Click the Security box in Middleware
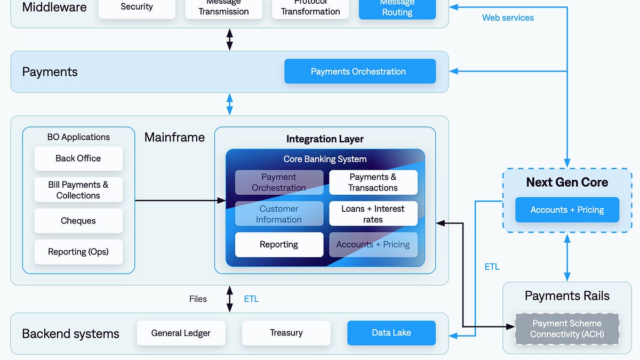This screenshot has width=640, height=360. point(137,7)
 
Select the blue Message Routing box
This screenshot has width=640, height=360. point(397,9)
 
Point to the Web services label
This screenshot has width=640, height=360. point(508,18)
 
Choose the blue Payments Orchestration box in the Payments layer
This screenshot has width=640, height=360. point(359,71)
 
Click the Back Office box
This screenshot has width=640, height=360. point(78,158)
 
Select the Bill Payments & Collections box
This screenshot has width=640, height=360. point(78,190)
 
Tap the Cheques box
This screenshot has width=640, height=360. point(78,221)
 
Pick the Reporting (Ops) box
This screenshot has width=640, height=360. point(78,252)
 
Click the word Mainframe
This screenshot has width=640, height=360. point(174,137)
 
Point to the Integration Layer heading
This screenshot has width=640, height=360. point(325,139)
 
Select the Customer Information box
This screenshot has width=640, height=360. point(279,214)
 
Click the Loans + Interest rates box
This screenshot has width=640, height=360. point(373,214)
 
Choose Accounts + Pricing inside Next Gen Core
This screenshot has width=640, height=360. point(567,210)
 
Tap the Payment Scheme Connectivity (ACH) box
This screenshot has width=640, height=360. point(567,329)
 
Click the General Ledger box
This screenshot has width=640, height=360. point(181,333)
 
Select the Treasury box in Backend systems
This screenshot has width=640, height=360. point(286,333)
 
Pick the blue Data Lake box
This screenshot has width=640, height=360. point(391,333)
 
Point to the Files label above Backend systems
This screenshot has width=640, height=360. point(198,299)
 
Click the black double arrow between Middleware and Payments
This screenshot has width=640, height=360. point(230,39)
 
